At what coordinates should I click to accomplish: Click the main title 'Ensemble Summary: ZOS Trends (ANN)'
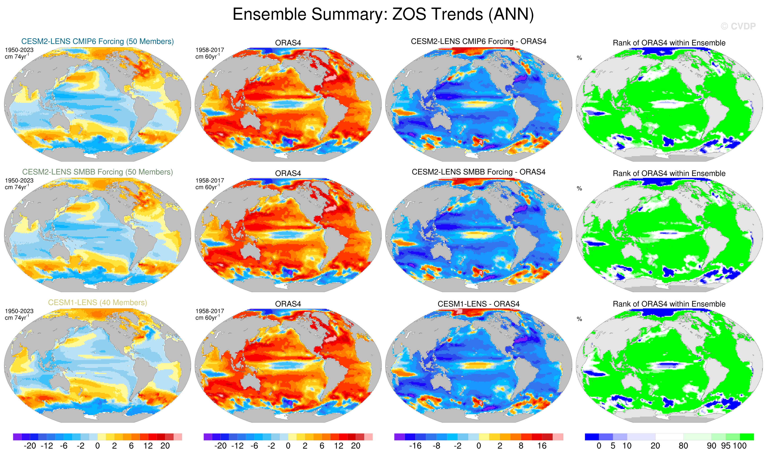click(383, 14)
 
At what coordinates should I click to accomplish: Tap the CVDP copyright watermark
click(738, 26)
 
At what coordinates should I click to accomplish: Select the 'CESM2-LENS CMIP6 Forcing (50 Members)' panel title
click(98, 42)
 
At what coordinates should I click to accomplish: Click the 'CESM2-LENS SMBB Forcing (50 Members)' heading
click(98, 172)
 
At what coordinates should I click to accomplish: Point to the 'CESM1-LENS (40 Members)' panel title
click(98, 303)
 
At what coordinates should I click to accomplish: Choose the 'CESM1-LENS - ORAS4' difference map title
click(478, 304)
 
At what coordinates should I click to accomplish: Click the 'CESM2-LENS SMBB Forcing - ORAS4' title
click(478, 172)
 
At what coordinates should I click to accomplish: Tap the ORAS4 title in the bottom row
click(288, 304)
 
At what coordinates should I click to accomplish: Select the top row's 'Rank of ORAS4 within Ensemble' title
click(669, 43)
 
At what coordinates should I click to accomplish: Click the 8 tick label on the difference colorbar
click(521, 446)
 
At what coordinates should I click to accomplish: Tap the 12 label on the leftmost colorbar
click(148, 446)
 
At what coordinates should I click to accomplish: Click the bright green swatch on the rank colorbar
click(746, 437)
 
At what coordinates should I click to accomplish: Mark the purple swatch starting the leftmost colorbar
click(17, 437)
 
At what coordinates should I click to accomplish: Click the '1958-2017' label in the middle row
click(210, 181)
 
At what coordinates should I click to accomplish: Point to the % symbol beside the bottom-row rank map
click(579, 319)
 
